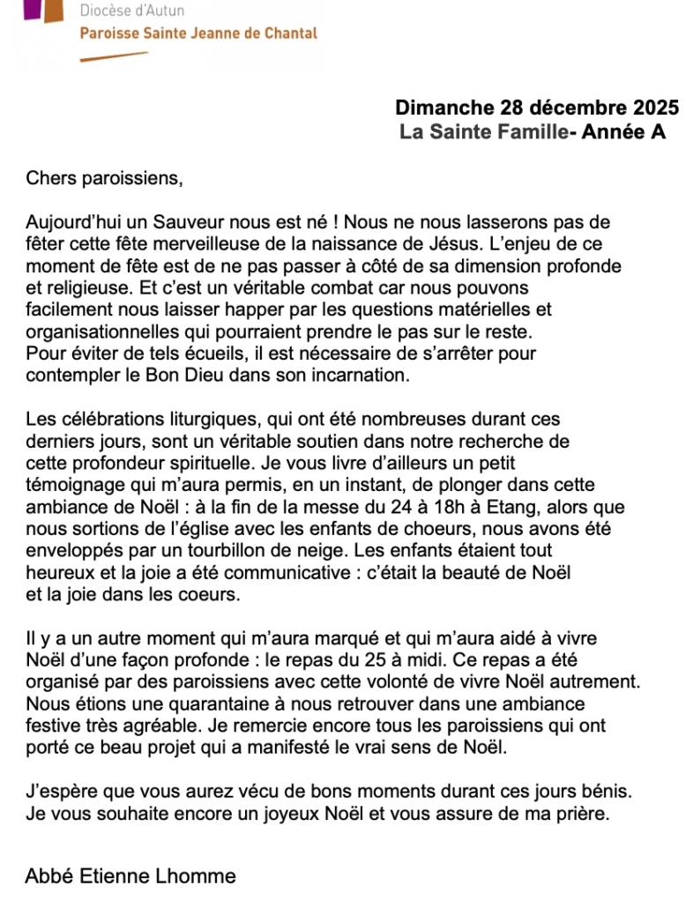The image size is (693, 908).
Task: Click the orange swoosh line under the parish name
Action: click(114, 56)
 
